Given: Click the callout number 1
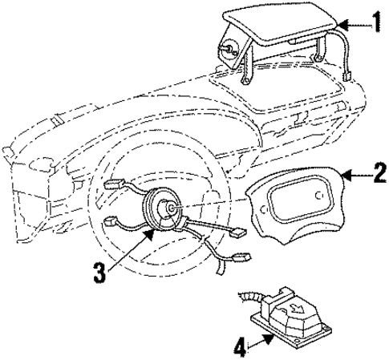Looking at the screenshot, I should tap(376, 22).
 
